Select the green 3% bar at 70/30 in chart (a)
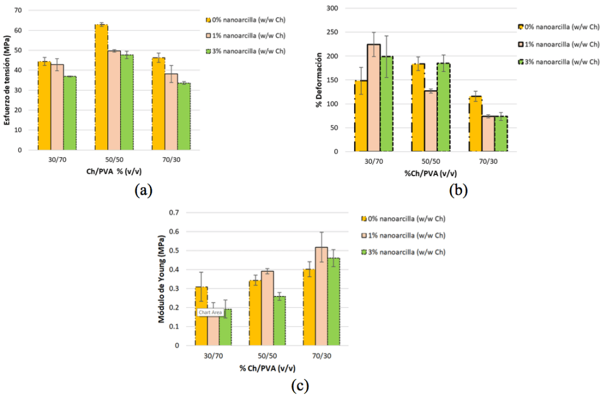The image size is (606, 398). pyautogui.click(x=184, y=116)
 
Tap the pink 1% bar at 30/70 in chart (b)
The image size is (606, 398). pyautogui.click(x=374, y=98)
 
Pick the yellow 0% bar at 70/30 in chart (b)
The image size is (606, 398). pyautogui.click(x=475, y=124)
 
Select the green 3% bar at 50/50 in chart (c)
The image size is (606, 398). pyautogui.click(x=279, y=320)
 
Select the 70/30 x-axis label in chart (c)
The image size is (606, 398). pyautogui.click(x=321, y=355)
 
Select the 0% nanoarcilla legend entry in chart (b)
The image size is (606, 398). pyautogui.click(x=560, y=27)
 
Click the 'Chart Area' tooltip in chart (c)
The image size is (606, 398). pyautogui.click(x=210, y=313)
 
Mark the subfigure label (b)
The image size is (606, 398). pyautogui.click(x=458, y=190)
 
